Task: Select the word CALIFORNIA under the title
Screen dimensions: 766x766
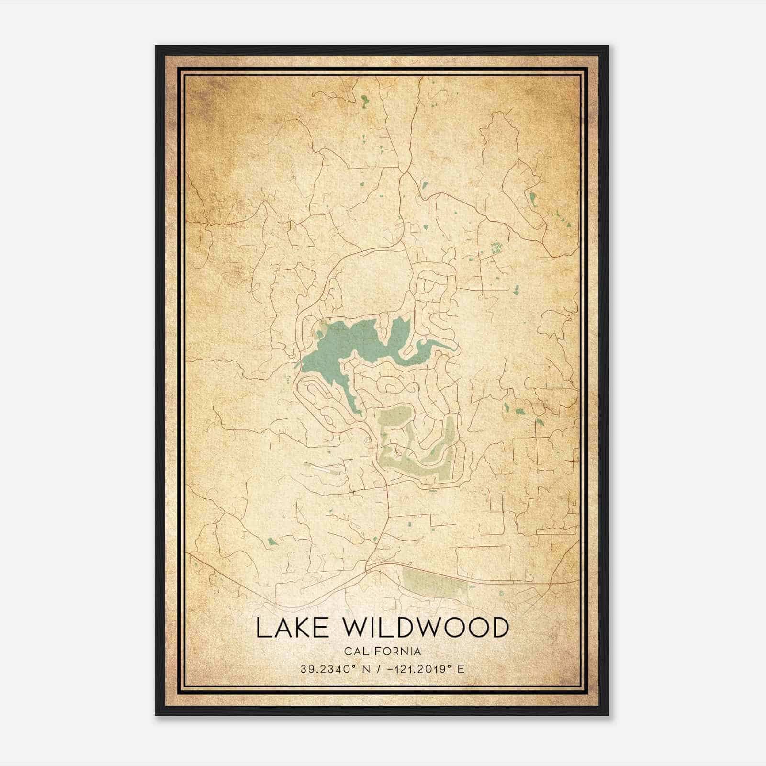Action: coord(383,652)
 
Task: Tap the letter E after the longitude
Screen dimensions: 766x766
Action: coord(461,669)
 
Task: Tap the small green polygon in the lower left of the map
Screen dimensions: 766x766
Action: coord(272,541)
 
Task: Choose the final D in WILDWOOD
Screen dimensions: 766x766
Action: coord(498,628)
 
